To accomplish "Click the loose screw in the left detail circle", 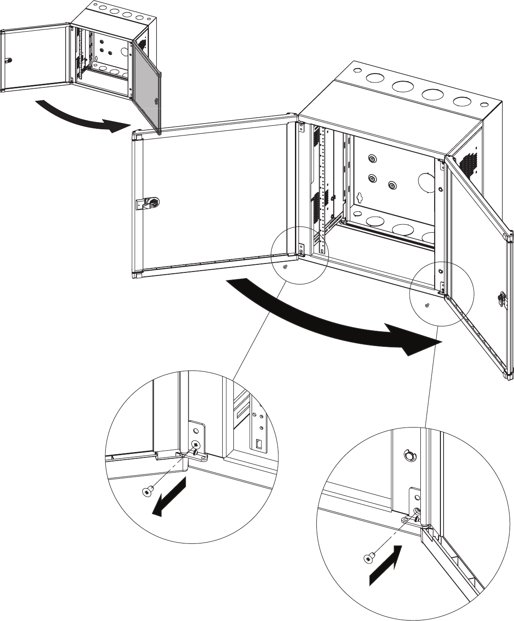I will pyautogui.click(x=147, y=492).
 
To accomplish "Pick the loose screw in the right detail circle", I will pyautogui.click(x=369, y=558).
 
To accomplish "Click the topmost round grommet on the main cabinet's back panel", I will pyautogui.click(x=371, y=159).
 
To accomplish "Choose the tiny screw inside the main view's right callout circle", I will pyautogui.click(x=427, y=305).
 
